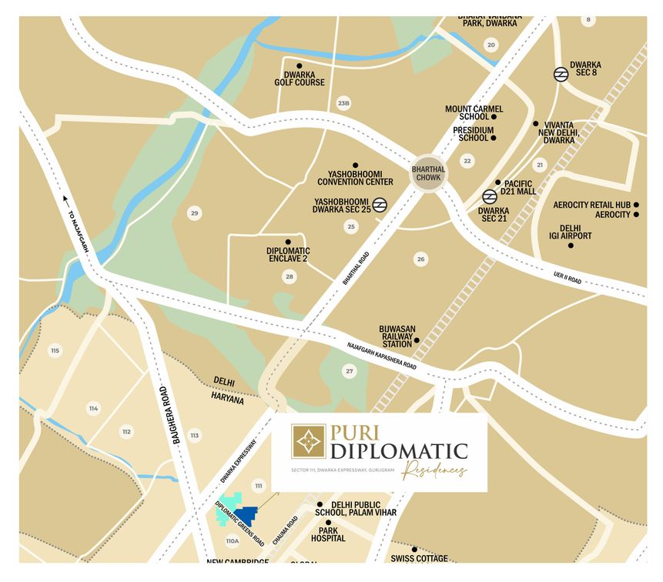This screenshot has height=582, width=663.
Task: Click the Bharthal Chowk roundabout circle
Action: coord(427,172)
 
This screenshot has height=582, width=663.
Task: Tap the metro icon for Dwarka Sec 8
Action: coord(561,75)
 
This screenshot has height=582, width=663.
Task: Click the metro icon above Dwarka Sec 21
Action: coord(489,196)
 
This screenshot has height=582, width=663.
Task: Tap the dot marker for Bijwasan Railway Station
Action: coord(417,340)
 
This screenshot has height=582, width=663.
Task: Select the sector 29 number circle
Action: coord(194,213)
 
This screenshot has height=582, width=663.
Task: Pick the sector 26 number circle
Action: coord(420,259)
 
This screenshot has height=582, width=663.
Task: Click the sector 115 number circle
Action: coord(55,351)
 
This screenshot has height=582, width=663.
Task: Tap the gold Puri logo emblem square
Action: coord(308,440)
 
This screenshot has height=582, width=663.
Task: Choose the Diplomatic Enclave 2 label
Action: coord(288,255)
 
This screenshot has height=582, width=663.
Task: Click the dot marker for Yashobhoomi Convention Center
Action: coord(355,166)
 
